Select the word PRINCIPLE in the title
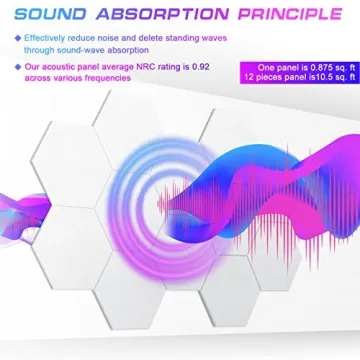click(x=285, y=15)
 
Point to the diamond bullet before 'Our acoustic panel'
click(x=18, y=67)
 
